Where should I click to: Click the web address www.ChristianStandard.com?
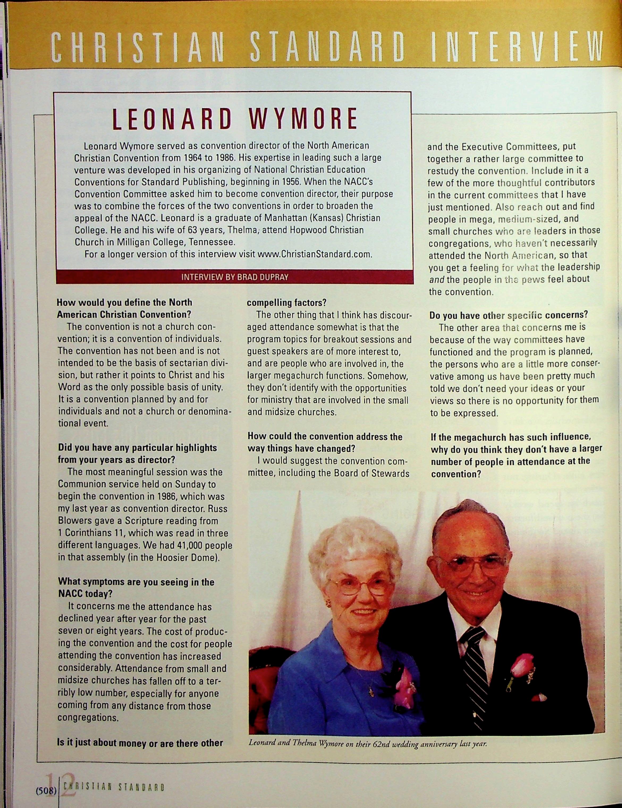[314, 255]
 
